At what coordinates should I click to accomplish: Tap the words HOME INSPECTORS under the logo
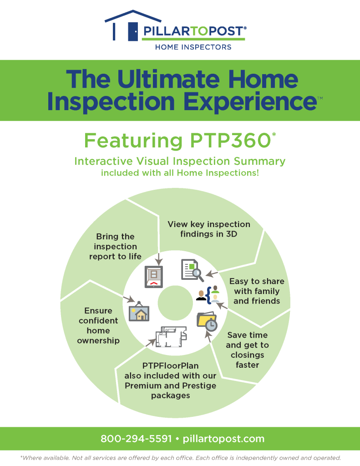tap(193, 47)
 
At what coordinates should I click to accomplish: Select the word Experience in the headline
tap(248, 101)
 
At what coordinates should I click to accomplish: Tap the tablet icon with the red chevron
tap(153, 278)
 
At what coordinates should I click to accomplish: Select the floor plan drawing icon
tap(171, 337)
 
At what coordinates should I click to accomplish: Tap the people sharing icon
tap(208, 295)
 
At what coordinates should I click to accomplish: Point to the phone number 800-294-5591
tap(136, 439)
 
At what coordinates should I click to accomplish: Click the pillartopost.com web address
tap(223, 439)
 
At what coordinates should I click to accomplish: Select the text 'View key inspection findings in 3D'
tap(209, 229)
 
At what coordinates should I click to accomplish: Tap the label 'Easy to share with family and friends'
tap(257, 291)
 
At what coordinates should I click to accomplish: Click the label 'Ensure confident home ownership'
tap(98, 325)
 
